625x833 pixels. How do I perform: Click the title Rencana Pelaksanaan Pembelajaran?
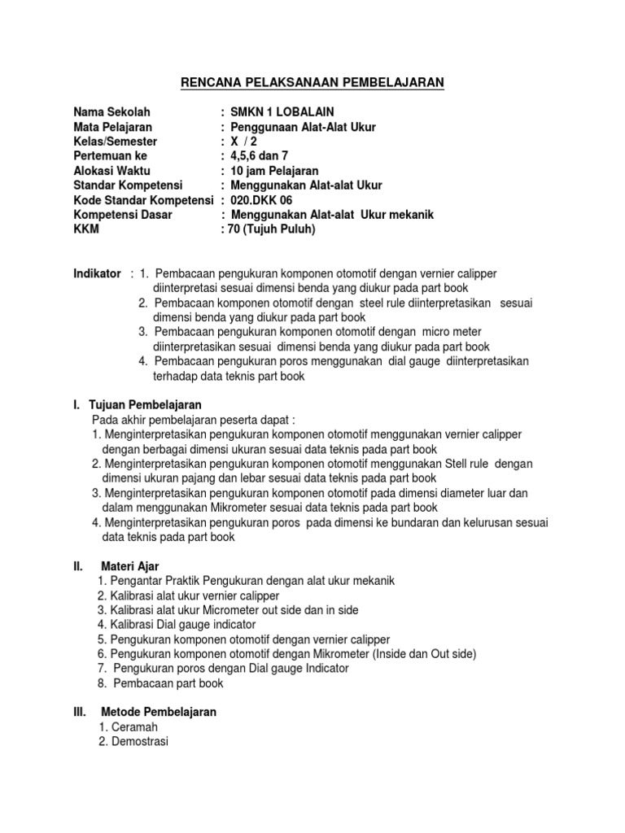(312, 82)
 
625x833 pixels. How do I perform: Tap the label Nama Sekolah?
(111, 112)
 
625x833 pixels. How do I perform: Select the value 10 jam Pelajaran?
(275, 171)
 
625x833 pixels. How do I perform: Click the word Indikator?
(97, 273)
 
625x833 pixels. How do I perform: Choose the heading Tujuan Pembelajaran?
(145, 405)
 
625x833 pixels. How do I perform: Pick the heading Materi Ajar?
(130, 566)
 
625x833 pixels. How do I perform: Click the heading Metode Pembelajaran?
(159, 713)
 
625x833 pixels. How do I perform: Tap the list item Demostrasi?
(138, 742)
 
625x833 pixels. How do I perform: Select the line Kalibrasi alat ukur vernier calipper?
(193, 595)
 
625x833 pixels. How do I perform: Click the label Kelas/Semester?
(115, 142)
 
